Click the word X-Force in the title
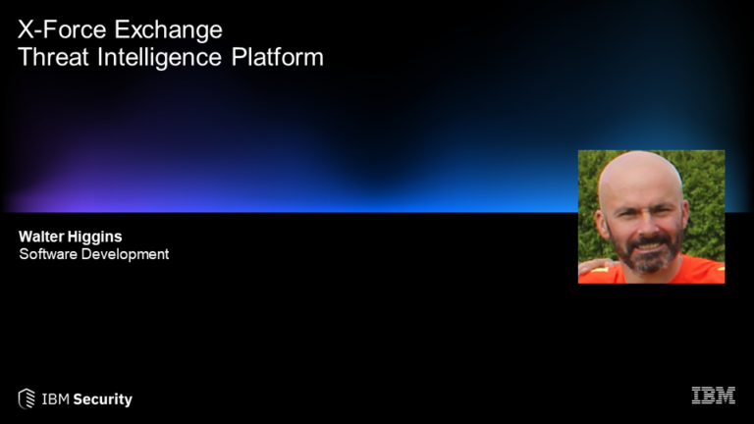coord(62,29)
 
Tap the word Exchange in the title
coord(168,30)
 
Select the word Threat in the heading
coord(53,57)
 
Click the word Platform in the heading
coord(278,57)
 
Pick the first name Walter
coord(41,237)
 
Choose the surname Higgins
coord(94,238)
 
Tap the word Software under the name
coord(48,254)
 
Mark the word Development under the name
coord(125,255)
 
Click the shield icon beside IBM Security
coord(27,398)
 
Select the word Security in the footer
coord(102,399)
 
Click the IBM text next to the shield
coord(55,399)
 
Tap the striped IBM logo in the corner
coord(714,396)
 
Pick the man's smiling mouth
coord(648,246)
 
